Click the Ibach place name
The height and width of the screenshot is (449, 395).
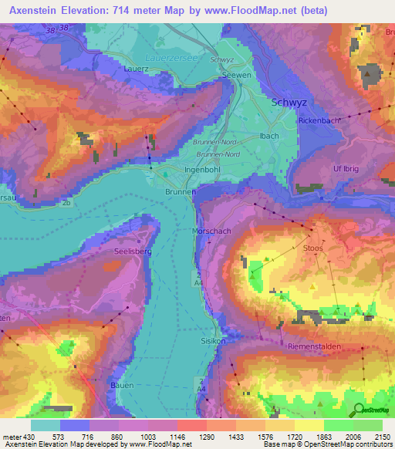tap(269, 136)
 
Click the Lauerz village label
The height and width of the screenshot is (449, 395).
tap(137, 69)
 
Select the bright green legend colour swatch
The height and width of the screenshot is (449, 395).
tap(338, 425)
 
